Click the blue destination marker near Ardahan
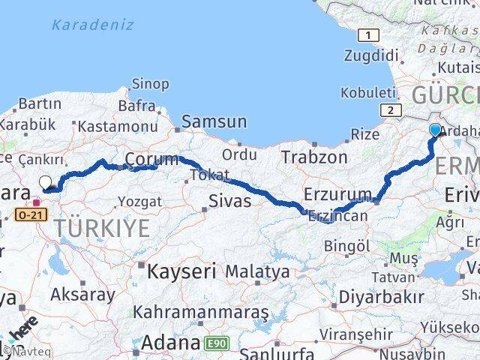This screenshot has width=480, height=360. click(x=436, y=130)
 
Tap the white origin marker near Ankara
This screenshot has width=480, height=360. click(x=45, y=182)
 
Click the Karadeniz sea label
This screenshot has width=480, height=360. click(x=93, y=25)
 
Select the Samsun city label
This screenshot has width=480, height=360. click(x=214, y=121)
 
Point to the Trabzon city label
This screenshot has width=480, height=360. click(x=314, y=157)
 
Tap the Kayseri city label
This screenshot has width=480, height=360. click(x=181, y=270)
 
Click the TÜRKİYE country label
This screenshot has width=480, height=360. click(x=106, y=229)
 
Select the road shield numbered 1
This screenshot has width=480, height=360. click(x=368, y=35)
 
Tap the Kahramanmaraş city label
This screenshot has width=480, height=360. click(x=201, y=311)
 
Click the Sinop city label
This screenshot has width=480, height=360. click(x=150, y=84)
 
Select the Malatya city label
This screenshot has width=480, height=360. click(x=257, y=271)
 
